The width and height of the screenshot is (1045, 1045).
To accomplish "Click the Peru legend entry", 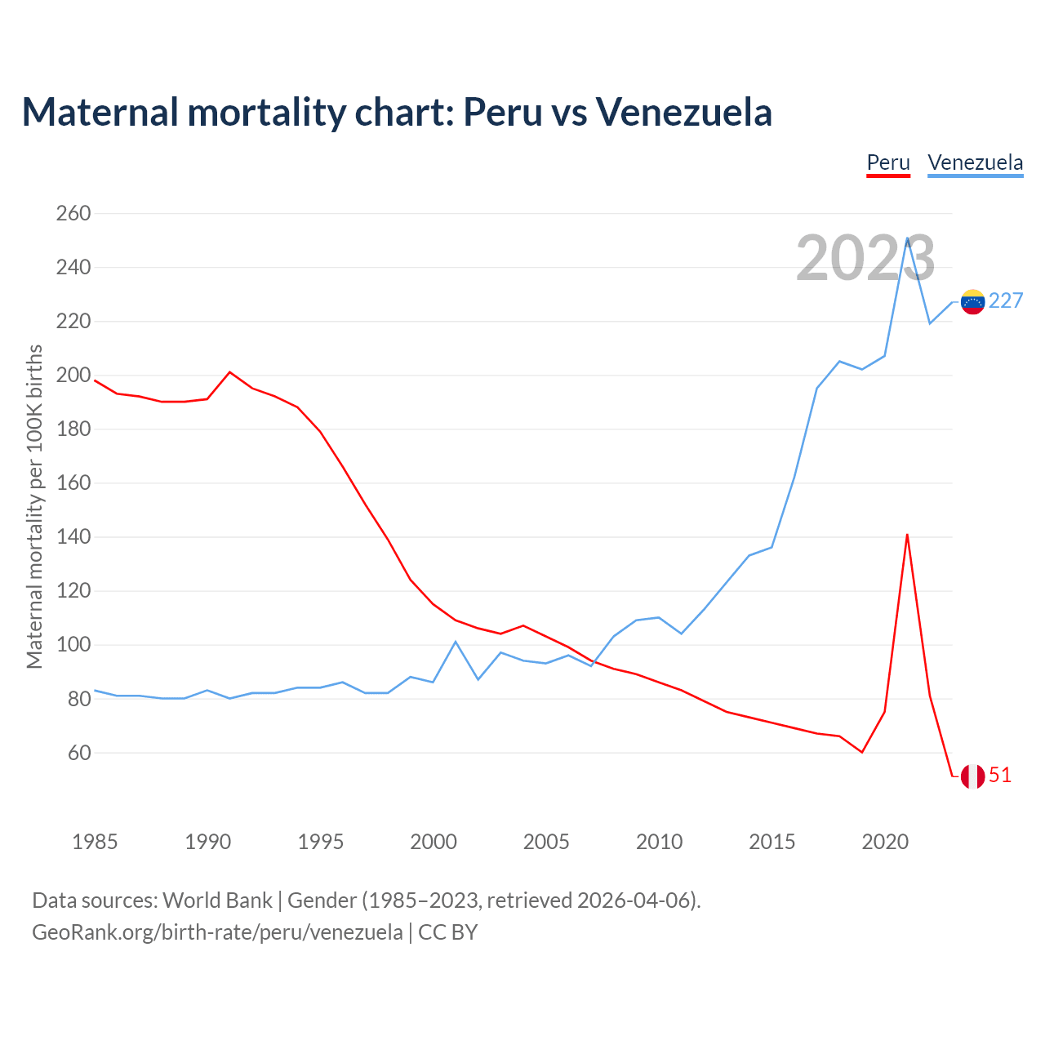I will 888,162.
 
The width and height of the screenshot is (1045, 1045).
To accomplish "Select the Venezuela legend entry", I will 975,162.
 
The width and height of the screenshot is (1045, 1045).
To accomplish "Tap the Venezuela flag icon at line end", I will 972,302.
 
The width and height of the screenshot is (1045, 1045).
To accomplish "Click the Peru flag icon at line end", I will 972,776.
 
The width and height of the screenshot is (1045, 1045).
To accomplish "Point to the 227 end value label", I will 1006,301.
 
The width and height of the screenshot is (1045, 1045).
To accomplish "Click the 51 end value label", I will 1000,776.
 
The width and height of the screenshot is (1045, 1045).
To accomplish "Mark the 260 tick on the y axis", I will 73,214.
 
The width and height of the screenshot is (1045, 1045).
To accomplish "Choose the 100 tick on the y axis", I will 73,645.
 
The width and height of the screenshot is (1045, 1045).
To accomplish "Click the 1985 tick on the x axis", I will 95,842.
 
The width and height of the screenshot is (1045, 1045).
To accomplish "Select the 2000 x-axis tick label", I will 434,842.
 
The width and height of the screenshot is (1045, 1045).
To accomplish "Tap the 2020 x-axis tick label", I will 885,842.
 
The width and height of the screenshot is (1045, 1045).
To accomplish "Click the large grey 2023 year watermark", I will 865,259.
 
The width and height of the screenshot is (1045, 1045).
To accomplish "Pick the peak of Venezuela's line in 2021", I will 907,238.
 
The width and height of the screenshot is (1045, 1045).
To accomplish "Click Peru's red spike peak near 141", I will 907,535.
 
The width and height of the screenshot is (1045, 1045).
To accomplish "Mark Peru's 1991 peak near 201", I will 230,372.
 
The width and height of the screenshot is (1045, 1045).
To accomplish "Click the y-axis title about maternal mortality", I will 34,506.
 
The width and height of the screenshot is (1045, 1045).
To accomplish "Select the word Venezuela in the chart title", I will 683,112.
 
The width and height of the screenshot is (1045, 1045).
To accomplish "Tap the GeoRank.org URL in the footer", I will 217,932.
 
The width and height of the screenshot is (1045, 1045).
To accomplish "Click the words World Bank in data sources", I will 217,900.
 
